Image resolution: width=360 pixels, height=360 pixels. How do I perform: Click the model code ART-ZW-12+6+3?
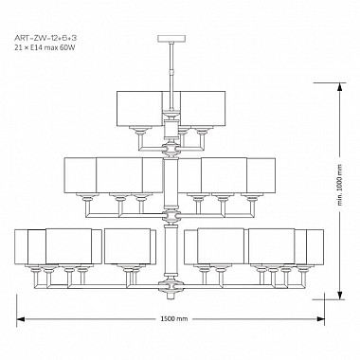(45, 39)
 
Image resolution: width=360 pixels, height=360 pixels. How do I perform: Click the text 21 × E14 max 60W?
(45, 48)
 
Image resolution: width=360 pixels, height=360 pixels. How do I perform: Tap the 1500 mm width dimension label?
(174, 319)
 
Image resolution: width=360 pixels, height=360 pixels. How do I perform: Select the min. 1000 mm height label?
(340, 185)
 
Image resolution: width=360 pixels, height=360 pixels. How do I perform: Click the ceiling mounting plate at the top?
(171, 39)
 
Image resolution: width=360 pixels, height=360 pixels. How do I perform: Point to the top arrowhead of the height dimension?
(340, 86)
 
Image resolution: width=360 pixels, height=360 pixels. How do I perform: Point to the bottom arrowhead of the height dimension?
(340, 296)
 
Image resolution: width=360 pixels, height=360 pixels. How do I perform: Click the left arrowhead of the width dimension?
(21, 319)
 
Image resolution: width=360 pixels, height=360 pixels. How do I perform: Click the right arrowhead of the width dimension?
(320, 319)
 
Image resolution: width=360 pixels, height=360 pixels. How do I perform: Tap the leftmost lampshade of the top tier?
(139, 109)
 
